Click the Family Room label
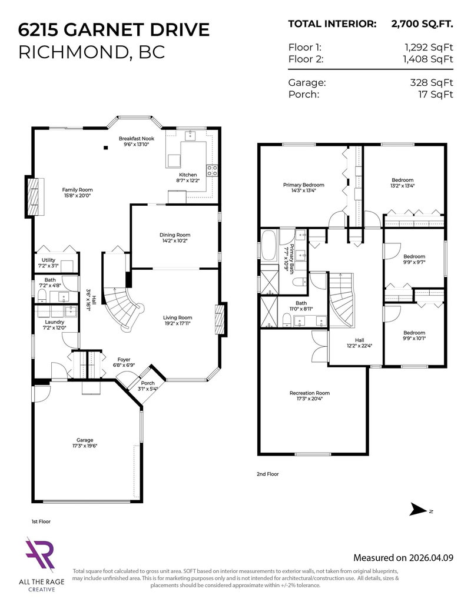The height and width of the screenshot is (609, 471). click(78, 190)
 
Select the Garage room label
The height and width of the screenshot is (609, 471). click(85, 440)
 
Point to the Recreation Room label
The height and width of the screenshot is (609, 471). click(310, 393)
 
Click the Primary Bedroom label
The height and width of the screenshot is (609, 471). click(303, 185)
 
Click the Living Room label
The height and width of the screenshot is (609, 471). click(178, 318)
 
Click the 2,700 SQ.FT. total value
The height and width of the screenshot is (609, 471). click(422, 24)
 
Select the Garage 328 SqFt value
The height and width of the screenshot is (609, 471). click(432, 83)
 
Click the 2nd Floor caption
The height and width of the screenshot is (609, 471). click(267, 474)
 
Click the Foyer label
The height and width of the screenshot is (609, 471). click(123, 359)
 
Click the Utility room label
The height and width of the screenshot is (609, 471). click(48, 260)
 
